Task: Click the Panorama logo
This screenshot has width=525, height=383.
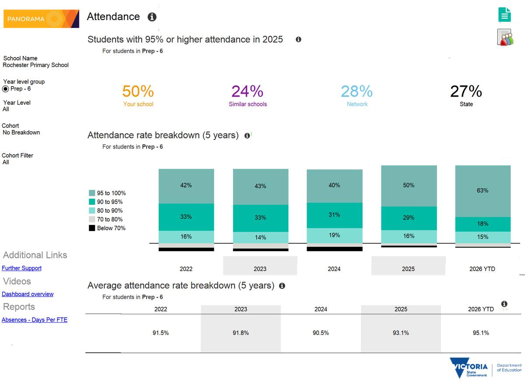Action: (x=41, y=19)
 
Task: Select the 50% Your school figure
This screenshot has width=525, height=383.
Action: (x=138, y=91)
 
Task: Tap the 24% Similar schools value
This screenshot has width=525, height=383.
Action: (x=248, y=91)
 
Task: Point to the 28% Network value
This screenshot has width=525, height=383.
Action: (x=357, y=91)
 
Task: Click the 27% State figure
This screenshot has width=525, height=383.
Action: (x=466, y=91)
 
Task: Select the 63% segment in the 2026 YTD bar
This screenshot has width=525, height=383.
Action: (x=483, y=191)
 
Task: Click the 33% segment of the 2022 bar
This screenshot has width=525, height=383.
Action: (x=186, y=217)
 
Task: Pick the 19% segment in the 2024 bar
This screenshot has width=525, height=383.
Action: (x=335, y=235)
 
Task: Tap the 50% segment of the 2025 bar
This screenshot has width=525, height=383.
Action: (x=409, y=186)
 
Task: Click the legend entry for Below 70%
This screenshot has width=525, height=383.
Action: (x=107, y=228)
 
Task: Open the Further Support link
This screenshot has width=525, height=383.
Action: (x=22, y=268)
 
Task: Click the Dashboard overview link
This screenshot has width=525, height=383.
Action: (x=28, y=294)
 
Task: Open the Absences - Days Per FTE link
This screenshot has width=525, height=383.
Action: (x=35, y=320)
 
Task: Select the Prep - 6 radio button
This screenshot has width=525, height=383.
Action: (x=6, y=89)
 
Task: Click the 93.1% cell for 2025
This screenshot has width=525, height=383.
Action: (x=401, y=333)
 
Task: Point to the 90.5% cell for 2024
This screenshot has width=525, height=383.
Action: (x=321, y=333)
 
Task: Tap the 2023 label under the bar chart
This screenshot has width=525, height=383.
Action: (x=260, y=269)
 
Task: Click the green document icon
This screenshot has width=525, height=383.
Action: (x=504, y=14)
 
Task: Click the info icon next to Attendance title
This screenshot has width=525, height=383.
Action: (x=152, y=17)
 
